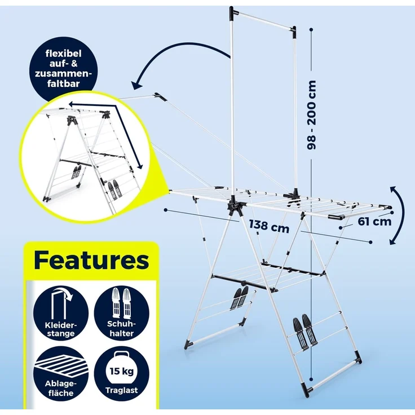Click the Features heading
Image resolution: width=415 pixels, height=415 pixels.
coord(91,261)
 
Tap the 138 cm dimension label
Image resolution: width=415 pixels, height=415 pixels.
coord(268,227)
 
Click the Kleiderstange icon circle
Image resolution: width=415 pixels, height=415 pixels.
coord(59,314)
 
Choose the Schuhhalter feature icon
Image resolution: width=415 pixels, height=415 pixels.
coord(122,314)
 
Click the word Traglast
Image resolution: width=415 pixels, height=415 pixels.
coord(122,390)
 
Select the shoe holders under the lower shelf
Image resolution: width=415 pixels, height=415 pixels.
coord(240,297)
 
